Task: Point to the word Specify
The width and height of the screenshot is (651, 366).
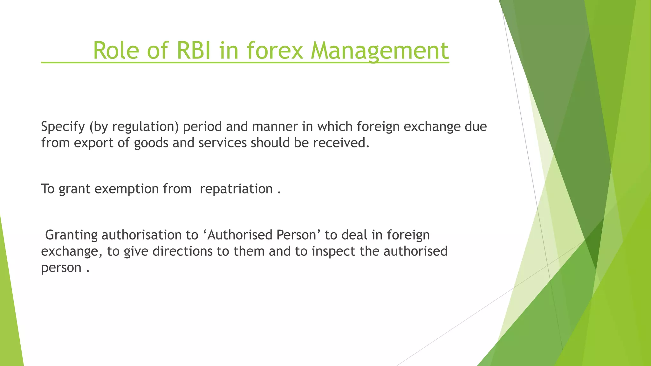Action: (63, 127)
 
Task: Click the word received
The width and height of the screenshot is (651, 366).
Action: (341, 143)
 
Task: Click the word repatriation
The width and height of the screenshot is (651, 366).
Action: (236, 189)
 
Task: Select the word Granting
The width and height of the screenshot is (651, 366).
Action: (72, 235)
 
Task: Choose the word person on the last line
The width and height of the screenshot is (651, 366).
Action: (61, 268)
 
